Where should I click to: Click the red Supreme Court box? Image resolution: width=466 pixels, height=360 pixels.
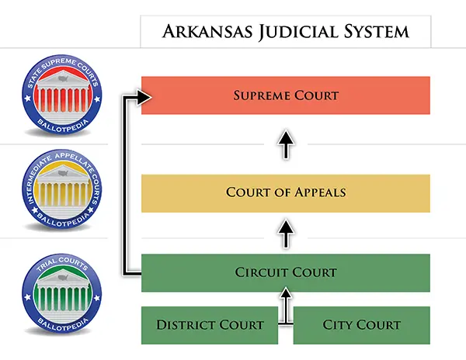tap(285, 95)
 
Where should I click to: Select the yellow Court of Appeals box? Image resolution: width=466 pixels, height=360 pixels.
tap(285, 192)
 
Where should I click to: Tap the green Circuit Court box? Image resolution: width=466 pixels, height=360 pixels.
tap(285, 272)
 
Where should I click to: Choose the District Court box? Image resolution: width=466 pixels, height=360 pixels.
tap(210, 325)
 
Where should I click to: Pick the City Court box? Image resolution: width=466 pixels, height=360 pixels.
tap(361, 325)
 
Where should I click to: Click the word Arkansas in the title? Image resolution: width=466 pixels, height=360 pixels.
tap(200, 32)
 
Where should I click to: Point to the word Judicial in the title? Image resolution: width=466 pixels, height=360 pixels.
tap(291, 32)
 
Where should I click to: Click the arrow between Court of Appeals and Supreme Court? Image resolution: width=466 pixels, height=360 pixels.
tap(286, 144)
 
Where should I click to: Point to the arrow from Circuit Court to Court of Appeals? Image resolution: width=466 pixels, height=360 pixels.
tap(286, 230)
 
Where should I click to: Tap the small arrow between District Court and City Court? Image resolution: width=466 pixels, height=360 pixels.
tap(286, 306)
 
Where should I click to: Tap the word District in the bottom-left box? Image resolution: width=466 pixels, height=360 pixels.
tap(183, 325)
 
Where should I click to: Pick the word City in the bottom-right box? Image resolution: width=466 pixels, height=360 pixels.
tap(336, 325)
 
